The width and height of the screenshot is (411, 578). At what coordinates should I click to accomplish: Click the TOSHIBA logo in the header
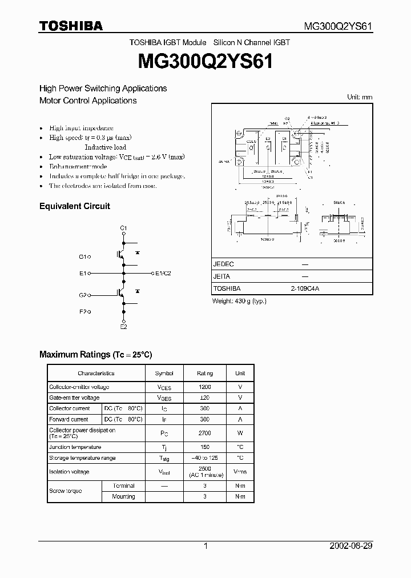[x=71, y=26]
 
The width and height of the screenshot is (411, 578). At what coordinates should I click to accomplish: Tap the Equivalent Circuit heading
[x=74, y=206]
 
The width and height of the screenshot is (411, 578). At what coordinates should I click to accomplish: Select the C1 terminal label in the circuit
[x=123, y=228]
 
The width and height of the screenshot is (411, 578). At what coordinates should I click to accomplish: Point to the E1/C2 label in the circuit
[x=163, y=274]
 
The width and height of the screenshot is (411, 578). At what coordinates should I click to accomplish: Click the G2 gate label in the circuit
[x=83, y=295]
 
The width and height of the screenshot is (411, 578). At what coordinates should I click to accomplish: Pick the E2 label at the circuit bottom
[x=123, y=326]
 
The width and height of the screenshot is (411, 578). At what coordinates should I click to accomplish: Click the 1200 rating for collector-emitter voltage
[x=205, y=387]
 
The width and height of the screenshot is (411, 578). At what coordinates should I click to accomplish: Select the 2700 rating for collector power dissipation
[x=205, y=433]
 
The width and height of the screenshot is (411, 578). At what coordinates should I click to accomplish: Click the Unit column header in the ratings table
[x=240, y=374]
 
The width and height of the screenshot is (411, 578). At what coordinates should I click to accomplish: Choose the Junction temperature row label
[x=75, y=447]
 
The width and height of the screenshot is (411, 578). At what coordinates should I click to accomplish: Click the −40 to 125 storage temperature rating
[x=205, y=458]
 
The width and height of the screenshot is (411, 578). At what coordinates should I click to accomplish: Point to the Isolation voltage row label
[x=69, y=472]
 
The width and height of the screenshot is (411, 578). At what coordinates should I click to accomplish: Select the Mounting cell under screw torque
[x=124, y=497]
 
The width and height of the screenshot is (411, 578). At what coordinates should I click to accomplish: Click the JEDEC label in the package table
[x=223, y=264]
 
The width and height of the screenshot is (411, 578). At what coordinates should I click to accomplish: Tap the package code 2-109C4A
[x=305, y=289]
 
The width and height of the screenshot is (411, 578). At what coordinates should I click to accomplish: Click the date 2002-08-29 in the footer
[x=351, y=546]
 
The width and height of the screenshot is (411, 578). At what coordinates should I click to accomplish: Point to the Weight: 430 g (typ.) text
[x=239, y=301]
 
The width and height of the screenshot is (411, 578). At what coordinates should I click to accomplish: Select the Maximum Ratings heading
[x=96, y=355]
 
